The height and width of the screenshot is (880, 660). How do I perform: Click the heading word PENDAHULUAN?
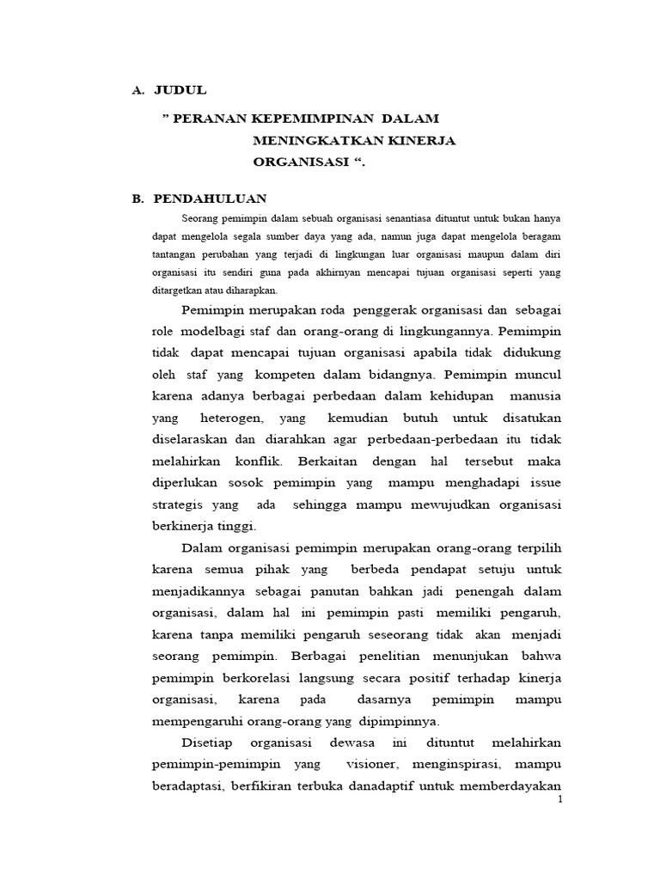(211, 199)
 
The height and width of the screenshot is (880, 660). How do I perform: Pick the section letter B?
(137, 199)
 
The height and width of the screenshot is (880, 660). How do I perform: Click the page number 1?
(560, 800)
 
